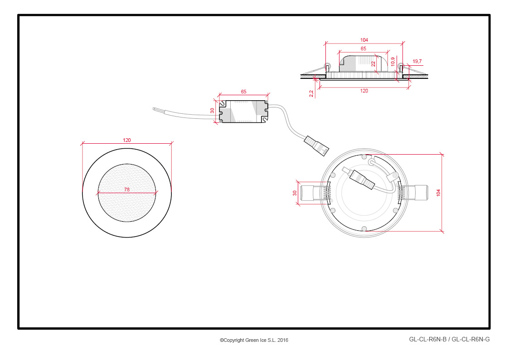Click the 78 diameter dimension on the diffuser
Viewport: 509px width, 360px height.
click(127, 190)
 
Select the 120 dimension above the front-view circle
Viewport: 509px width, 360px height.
click(126, 140)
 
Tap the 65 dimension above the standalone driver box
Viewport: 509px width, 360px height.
click(243, 92)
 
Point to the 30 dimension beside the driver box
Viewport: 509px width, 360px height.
click(212, 111)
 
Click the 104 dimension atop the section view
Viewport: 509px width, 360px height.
click(364, 40)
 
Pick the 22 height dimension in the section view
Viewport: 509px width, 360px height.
click(373, 64)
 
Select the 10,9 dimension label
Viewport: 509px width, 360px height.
click(393, 62)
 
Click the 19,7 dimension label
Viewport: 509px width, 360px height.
click(417, 61)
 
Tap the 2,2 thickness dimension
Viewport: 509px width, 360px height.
click(311, 93)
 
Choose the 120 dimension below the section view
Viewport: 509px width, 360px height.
click(364, 91)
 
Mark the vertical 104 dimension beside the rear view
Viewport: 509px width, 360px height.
click(438, 193)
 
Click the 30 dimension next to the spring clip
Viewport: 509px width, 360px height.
click(295, 193)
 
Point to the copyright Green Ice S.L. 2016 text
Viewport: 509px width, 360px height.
click(254, 340)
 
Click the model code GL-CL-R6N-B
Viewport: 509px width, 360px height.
click(427, 340)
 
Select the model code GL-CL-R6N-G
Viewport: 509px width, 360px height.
click(470, 340)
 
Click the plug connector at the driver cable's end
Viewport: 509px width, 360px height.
click(316, 146)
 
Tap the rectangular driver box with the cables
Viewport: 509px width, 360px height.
click(244, 112)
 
